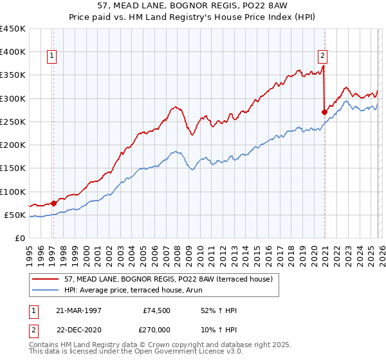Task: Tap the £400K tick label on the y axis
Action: (x=13, y=52)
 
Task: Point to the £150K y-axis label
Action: (x=13, y=168)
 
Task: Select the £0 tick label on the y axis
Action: (x=20, y=239)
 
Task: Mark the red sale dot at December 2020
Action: (x=324, y=112)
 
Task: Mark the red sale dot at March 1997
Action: (x=54, y=203)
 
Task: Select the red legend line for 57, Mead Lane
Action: (x=47, y=279)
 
